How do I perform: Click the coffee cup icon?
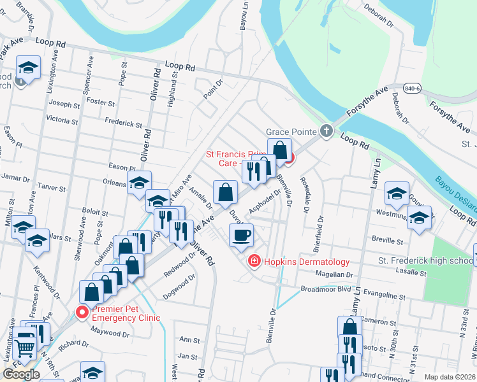(x=241, y=235)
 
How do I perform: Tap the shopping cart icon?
(x=25, y=347)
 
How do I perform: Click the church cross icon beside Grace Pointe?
(x=327, y=132)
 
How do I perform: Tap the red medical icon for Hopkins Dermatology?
(x=254, y=262)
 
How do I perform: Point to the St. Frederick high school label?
(x=425, y=261)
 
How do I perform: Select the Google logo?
(x=21, y=374)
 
